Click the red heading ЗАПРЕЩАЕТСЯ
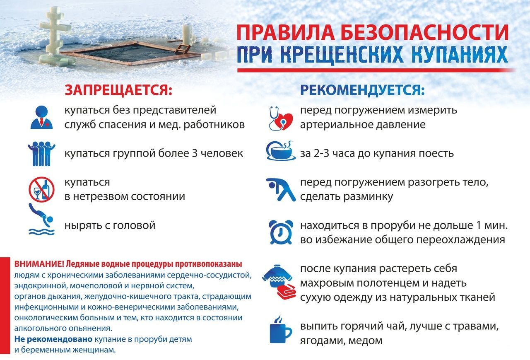[x=118, y=90]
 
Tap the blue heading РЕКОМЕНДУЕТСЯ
[x=362, y=90]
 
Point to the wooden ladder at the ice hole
[x=182, y=49]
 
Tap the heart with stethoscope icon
[x=281, y=118]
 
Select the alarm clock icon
[x=281, y=232]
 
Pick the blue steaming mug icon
[x=281, y=329]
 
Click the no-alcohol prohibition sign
[x=42, y=189]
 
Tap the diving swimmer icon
[x=42, y=219]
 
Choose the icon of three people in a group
[x=41, y=154]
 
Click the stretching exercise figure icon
[x=281, y=190]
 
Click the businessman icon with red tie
[x=42, y=117]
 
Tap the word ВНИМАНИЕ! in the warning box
[x=39, y=264]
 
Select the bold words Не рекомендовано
[x=53, y=339]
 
